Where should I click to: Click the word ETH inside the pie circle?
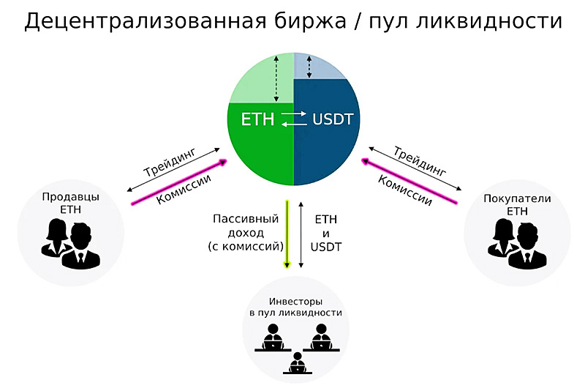tap(257, 119)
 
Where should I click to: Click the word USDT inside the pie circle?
tap(332, 119)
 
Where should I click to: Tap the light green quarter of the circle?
tap(252, 77)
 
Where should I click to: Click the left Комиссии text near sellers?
tap(184, 188)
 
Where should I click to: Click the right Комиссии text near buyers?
tap(405, 185)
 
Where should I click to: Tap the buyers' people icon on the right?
tap(516, 244)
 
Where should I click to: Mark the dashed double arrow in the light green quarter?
tap(276, 79)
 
